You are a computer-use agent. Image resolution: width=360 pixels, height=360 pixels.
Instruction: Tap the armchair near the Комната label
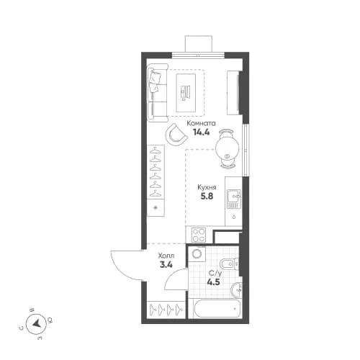coord(176,134)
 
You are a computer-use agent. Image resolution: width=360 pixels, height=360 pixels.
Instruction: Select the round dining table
coord(228,143)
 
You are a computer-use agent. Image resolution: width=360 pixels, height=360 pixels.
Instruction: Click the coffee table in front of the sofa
coord(186,91)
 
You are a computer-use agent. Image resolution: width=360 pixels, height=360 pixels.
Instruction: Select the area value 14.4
coord(201,132)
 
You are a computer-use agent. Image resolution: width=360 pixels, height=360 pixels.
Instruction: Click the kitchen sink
coord(233,196)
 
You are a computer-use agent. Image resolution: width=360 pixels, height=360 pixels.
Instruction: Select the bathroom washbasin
coord(236,289)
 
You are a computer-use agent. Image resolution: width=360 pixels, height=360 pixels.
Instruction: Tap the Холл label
coord(166,255)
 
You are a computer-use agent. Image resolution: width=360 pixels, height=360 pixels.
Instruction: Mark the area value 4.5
coord(215,283)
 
